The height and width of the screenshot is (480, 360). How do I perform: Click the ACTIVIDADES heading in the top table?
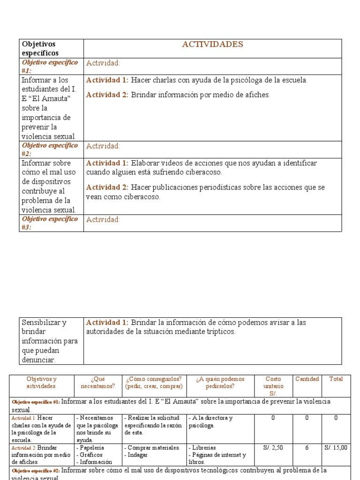[212, 45]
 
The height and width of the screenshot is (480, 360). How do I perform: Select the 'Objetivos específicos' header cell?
[39, 49]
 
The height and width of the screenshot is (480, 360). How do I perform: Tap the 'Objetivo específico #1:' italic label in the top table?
[50, 66]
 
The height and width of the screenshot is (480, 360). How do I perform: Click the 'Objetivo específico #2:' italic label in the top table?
[50, 149]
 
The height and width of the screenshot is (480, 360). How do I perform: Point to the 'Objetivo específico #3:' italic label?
[50, 223]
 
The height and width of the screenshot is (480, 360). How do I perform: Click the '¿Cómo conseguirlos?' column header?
[153, 382]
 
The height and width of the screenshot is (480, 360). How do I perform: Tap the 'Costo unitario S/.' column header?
[273, 386]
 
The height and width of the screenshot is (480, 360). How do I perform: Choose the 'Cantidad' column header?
[307, 379]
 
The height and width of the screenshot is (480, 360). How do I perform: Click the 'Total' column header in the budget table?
[336, 379]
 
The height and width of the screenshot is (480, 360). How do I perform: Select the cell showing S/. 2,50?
[273, 448]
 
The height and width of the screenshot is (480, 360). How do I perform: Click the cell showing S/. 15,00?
[336, 448]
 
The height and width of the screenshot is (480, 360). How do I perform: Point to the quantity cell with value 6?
[307, 448]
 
